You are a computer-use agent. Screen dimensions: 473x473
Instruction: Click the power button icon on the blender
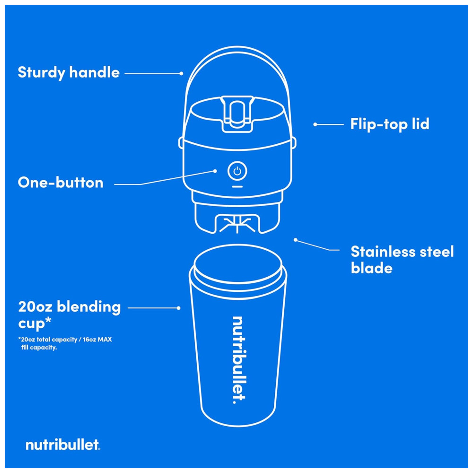coord(237,171)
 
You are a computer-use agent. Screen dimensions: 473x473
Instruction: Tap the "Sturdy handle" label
coord(69,73)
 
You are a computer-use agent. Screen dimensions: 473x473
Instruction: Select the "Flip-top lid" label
coord(390,124)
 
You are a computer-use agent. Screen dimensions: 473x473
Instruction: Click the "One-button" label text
coord(61,183)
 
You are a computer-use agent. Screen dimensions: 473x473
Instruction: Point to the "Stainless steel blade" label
coord(402,260)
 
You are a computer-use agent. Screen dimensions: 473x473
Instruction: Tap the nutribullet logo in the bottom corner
coord(62,445)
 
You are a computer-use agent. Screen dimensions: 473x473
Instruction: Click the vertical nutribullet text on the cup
coord(239,359)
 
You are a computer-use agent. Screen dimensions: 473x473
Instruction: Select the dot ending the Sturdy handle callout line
coord(182,73)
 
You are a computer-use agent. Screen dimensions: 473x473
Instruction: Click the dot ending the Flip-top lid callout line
coord(315,124)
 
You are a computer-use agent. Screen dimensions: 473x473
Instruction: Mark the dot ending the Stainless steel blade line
coord(295,240)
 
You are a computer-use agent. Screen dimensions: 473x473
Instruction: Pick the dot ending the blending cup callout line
coord(178,308)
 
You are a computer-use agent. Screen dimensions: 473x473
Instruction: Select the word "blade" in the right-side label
coord(372,268)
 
